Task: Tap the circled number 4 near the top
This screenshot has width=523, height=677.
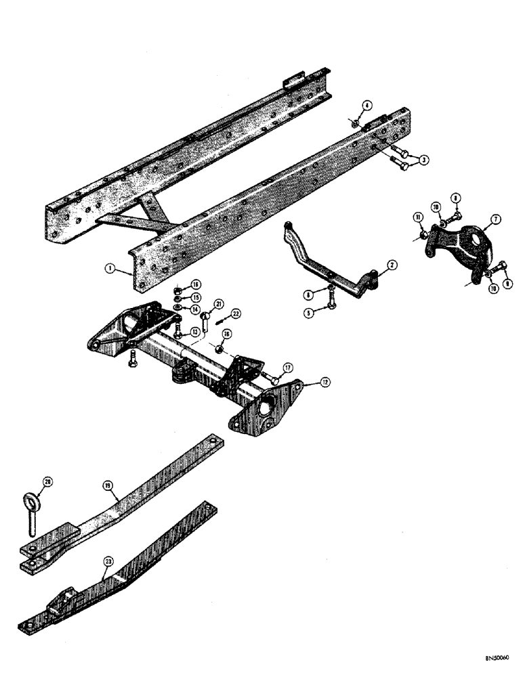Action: click(x=367, y=106)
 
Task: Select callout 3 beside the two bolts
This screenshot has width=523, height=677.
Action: click(x=424, y=160)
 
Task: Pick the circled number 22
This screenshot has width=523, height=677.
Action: click(x=236, y=313)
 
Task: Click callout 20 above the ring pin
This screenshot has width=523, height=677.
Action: click(x=47, y=481)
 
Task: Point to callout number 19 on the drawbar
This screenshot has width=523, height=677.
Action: click(x=108, y=485)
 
